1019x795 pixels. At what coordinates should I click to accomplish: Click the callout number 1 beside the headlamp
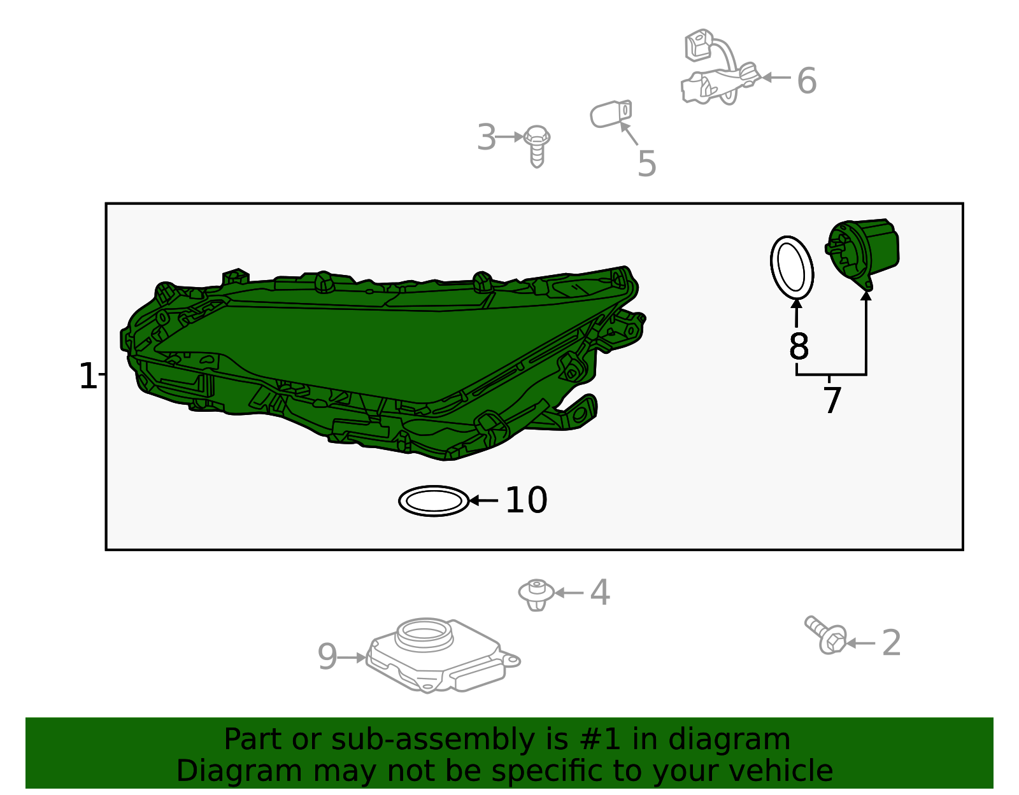click(x=88, y=376)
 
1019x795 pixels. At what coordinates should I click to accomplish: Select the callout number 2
click(x=891, y=644)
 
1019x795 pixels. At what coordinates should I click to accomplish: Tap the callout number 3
click(x=487, y=137)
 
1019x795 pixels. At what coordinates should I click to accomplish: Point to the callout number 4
click(x=600, y=592)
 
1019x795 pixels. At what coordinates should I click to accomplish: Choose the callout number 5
click(x=646, y=164)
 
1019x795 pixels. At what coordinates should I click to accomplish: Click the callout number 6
click(x=806, y=81)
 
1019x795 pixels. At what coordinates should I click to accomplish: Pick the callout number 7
click(x=832, y=400)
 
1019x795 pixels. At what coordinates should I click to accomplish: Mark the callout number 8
click(x=799, y=346)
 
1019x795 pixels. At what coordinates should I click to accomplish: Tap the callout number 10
click(x=526, y=500)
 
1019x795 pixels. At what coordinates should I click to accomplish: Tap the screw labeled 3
click(x=536, y=146)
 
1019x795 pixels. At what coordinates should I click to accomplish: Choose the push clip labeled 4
click(x=536, y=594)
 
